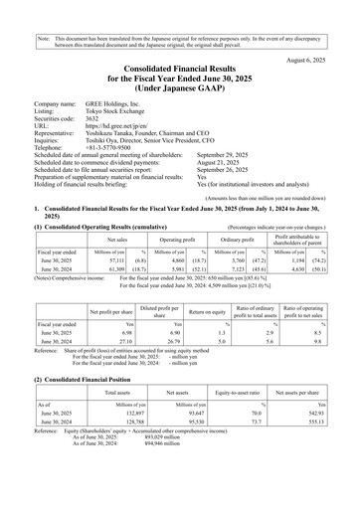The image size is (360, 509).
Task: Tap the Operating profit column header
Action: (x=176, y=240)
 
